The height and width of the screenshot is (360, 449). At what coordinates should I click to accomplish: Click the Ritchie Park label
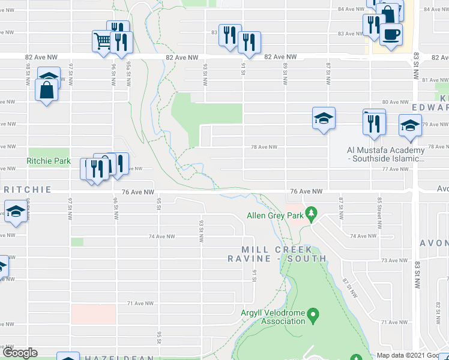tap(49, 161)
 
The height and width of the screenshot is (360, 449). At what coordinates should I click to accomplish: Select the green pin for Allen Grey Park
tap(311, 213)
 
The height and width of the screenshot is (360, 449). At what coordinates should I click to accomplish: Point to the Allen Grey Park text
tap(276, 215)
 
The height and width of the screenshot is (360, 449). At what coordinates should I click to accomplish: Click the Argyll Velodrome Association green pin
tap(312, 314)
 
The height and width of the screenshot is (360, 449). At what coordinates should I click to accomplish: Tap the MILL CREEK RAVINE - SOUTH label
tap(277, 254)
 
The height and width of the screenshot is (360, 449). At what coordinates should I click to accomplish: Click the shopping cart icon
tap(101, 41)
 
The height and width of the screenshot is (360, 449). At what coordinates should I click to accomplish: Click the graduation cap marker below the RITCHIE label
tap(15, 211)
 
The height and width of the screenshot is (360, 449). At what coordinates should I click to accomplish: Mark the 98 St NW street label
tap(28, 73)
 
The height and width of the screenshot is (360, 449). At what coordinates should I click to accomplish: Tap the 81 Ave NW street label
tap(432, 80)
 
